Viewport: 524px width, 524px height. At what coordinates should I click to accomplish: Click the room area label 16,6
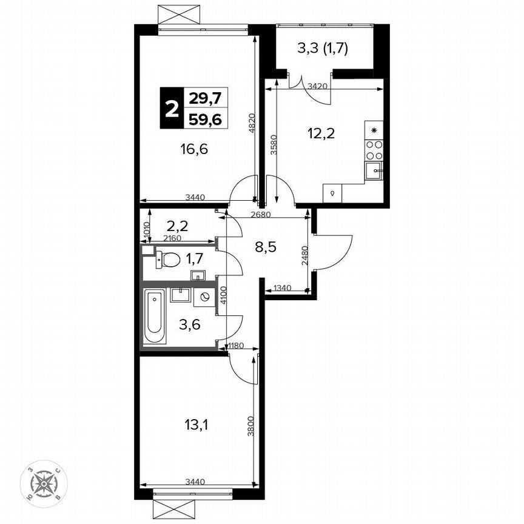pos(195,149)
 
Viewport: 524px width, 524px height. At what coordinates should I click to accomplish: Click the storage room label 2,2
pos(178,226)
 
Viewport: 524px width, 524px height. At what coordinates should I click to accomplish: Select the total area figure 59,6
pos(205,119)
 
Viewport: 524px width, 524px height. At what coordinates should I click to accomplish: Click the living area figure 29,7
pos(205,96)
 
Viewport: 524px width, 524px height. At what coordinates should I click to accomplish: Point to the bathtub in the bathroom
pos(154,318)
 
